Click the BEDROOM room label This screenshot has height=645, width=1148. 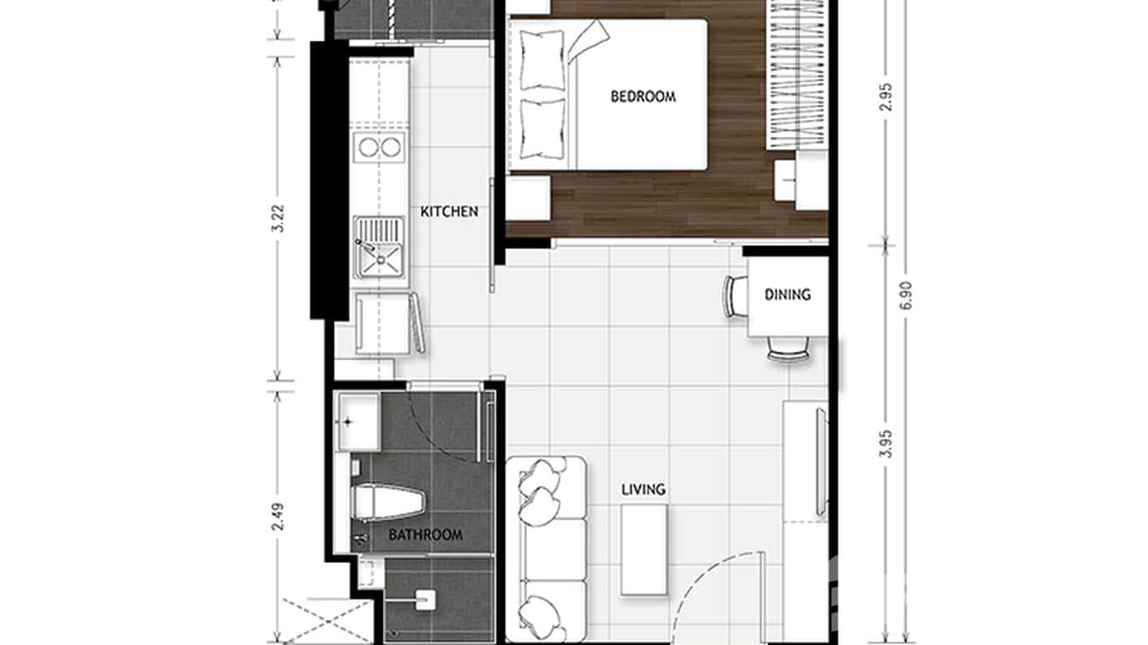coord(642,96)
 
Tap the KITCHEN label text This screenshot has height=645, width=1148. coord(449,211)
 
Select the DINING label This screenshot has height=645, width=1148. coord(787,294)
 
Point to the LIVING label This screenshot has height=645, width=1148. coord(643,489)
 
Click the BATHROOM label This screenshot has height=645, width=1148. coord(425,535)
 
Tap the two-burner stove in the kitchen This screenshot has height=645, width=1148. coord(379,147)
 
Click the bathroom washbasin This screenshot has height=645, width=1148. coord(358,421)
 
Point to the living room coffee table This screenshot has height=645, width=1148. coord(643,548)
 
